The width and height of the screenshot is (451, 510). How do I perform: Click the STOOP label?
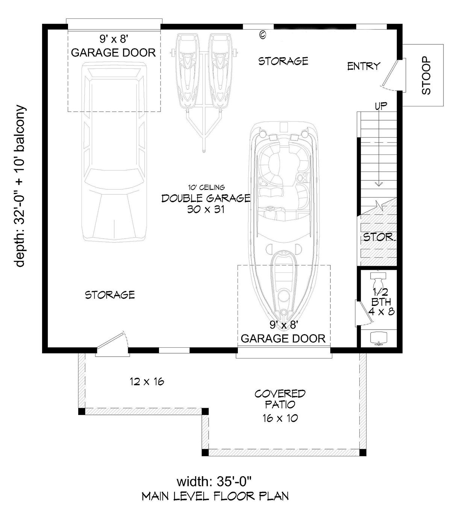426,75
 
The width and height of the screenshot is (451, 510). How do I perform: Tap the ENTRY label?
363,66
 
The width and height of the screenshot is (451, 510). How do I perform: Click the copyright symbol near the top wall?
263,35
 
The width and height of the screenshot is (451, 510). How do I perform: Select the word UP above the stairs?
381,106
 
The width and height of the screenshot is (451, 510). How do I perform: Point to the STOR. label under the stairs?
379,237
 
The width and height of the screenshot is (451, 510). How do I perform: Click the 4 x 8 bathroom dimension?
381,312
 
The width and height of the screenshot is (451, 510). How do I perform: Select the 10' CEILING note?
206,187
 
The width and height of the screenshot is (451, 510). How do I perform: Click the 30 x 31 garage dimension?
206,209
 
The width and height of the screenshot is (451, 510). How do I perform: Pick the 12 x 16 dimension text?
147,381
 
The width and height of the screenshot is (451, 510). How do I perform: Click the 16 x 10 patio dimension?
280,418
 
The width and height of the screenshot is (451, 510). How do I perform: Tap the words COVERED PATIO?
280,399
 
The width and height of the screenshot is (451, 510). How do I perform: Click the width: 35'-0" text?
214,481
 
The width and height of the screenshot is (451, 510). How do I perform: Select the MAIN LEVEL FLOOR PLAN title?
215,496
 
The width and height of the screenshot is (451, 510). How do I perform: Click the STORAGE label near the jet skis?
283,61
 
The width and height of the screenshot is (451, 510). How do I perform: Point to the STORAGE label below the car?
110,295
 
